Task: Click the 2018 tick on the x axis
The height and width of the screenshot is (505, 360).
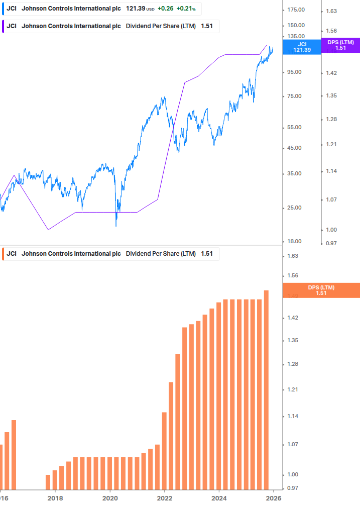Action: pyautogui.click(x=55, y=498)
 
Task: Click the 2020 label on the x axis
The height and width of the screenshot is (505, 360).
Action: pyautogui.click(x=110, y=498)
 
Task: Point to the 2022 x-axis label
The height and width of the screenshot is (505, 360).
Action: pyautogui.click(x=165, y=498)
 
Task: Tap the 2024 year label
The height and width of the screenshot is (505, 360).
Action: pyautogui.click(x=219, y=498)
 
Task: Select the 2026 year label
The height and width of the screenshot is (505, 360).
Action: pyautogui.click(x=273, y=498)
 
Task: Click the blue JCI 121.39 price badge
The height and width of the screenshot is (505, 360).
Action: pyautogui.click(x=302, y=47)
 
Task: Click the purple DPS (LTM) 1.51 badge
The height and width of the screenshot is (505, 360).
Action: pyautogui.click(x=340, y=45)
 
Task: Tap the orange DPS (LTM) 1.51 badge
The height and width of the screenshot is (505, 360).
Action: pyautogui.click(x=321, y=290)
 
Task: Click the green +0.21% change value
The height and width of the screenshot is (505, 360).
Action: pyautogui.click(x=186, y=9)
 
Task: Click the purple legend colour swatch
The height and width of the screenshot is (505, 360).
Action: pyautogui.click(x=3, y=26)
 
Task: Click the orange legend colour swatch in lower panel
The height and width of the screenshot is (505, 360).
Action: pyautogui.click(x=3, y=254)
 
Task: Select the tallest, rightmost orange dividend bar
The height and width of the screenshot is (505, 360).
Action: pyautogui.click(x=266, y=389)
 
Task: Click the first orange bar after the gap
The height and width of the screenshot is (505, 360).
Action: pyautogui.click(x=48, y=481)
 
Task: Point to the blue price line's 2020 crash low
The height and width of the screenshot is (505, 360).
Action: pyautogui.click(x=116, y=225)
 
